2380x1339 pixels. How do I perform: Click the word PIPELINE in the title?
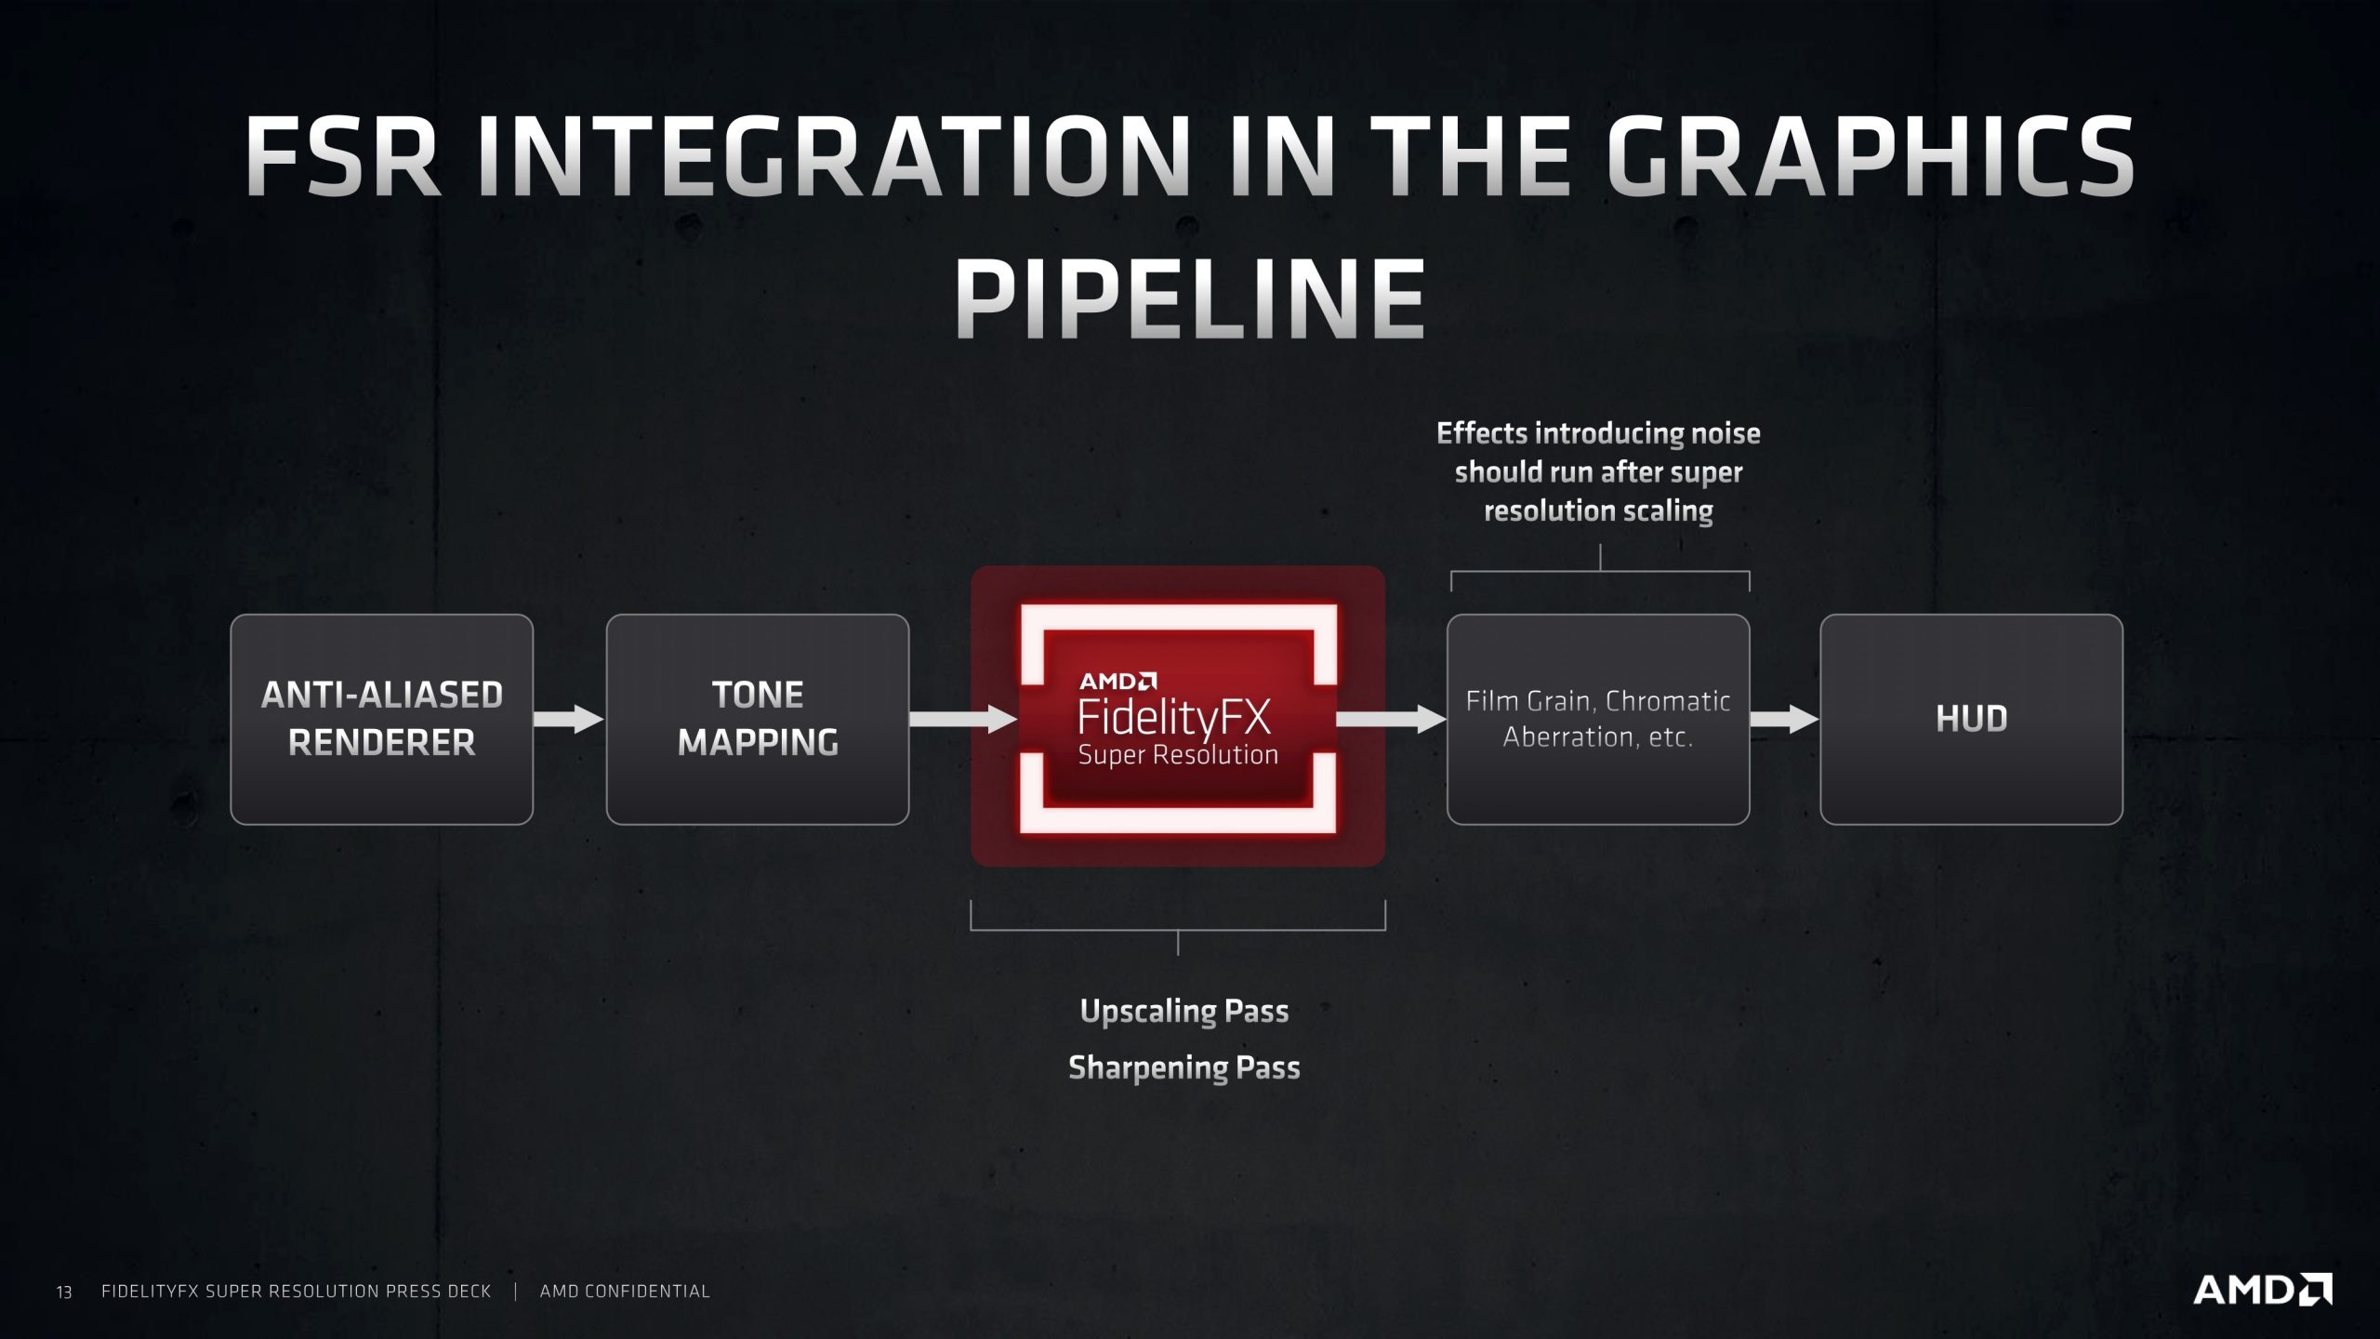click(1190, 299)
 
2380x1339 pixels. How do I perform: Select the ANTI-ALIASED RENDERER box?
click(381, 719)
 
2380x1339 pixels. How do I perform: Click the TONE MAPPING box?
click(757, 719)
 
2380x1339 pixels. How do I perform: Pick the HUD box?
click(1971, 719)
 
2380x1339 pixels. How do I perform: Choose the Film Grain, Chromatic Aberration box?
click(1597, 719)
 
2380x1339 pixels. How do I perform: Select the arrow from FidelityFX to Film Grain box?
click(1391, 719)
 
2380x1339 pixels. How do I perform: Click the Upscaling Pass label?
click(1183, 1011)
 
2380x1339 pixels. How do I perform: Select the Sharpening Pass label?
click(1183, 1067)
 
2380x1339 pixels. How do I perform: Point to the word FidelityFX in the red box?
click(1173, 718)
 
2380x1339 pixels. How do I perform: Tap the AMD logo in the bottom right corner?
click(2261, 1290)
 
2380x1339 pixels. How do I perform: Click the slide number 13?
click(64, 1292)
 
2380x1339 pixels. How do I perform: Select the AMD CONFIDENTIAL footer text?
click(625, 1291)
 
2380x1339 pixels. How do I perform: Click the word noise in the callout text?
click(1725, 433)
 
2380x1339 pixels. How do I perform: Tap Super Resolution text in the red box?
click(1178, 755)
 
